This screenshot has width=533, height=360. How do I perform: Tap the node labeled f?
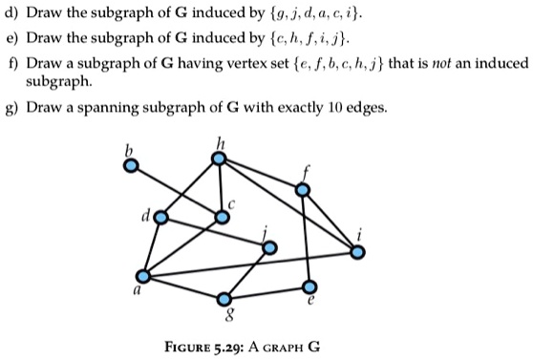tap(303, 190)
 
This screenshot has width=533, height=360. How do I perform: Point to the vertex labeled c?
tap(223, 217)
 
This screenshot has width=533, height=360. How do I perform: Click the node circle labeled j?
tap(270, 247)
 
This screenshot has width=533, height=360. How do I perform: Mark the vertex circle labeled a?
tap(142, 276)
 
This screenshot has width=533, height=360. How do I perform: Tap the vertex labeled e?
tap(309, 286)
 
